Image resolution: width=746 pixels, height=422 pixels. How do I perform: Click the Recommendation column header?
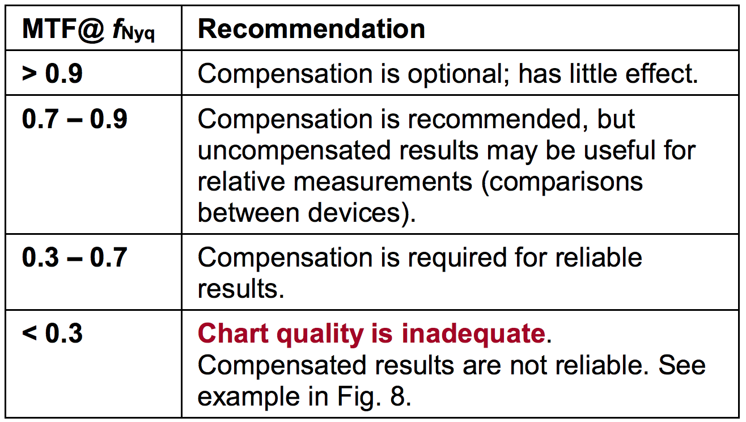pyautogui.click(x=311, y=29)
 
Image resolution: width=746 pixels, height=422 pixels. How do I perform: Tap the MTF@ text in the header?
pyautogui.click(x=63, y=29)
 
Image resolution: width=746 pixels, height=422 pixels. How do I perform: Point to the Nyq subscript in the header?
pyautogui.click(x=138, y=34)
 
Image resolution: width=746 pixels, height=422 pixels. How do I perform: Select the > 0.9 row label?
pyautogui.click(x=52, y=73)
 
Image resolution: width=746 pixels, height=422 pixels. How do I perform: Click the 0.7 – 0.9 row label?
pyautogui.click(x=75, y=119)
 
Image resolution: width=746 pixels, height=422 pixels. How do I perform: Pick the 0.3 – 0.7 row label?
pyautogui.click(x=75, y=258)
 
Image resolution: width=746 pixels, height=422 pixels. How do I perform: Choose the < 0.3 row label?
pyautogui.click(x=52, y=333)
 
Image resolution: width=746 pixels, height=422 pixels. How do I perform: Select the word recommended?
pyautogui.click(x=498, y=119)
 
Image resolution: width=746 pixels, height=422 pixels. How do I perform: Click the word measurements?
pyautogui.click(x=383, y=182)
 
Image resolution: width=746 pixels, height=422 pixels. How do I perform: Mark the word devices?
pyautogui.click(x=354, y=213)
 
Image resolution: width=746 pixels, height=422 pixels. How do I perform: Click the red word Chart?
pyautogui.click(x=233, y=333)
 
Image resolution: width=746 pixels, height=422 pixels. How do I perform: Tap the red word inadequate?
pyautogui.click(x=473, y=334)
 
